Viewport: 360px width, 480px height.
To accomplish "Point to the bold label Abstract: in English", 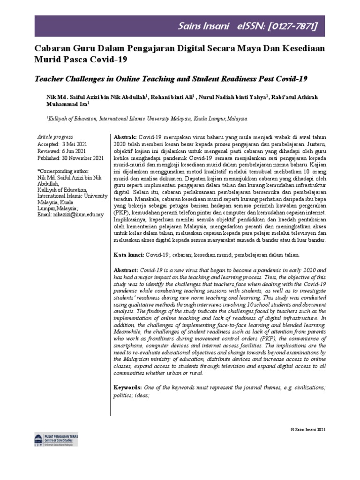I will tap(126, 270).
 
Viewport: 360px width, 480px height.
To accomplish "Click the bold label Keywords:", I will tap(128, 388).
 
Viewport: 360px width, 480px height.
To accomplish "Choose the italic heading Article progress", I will tap(53, 136).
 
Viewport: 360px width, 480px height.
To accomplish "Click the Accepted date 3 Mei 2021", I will tap(74, 144).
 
